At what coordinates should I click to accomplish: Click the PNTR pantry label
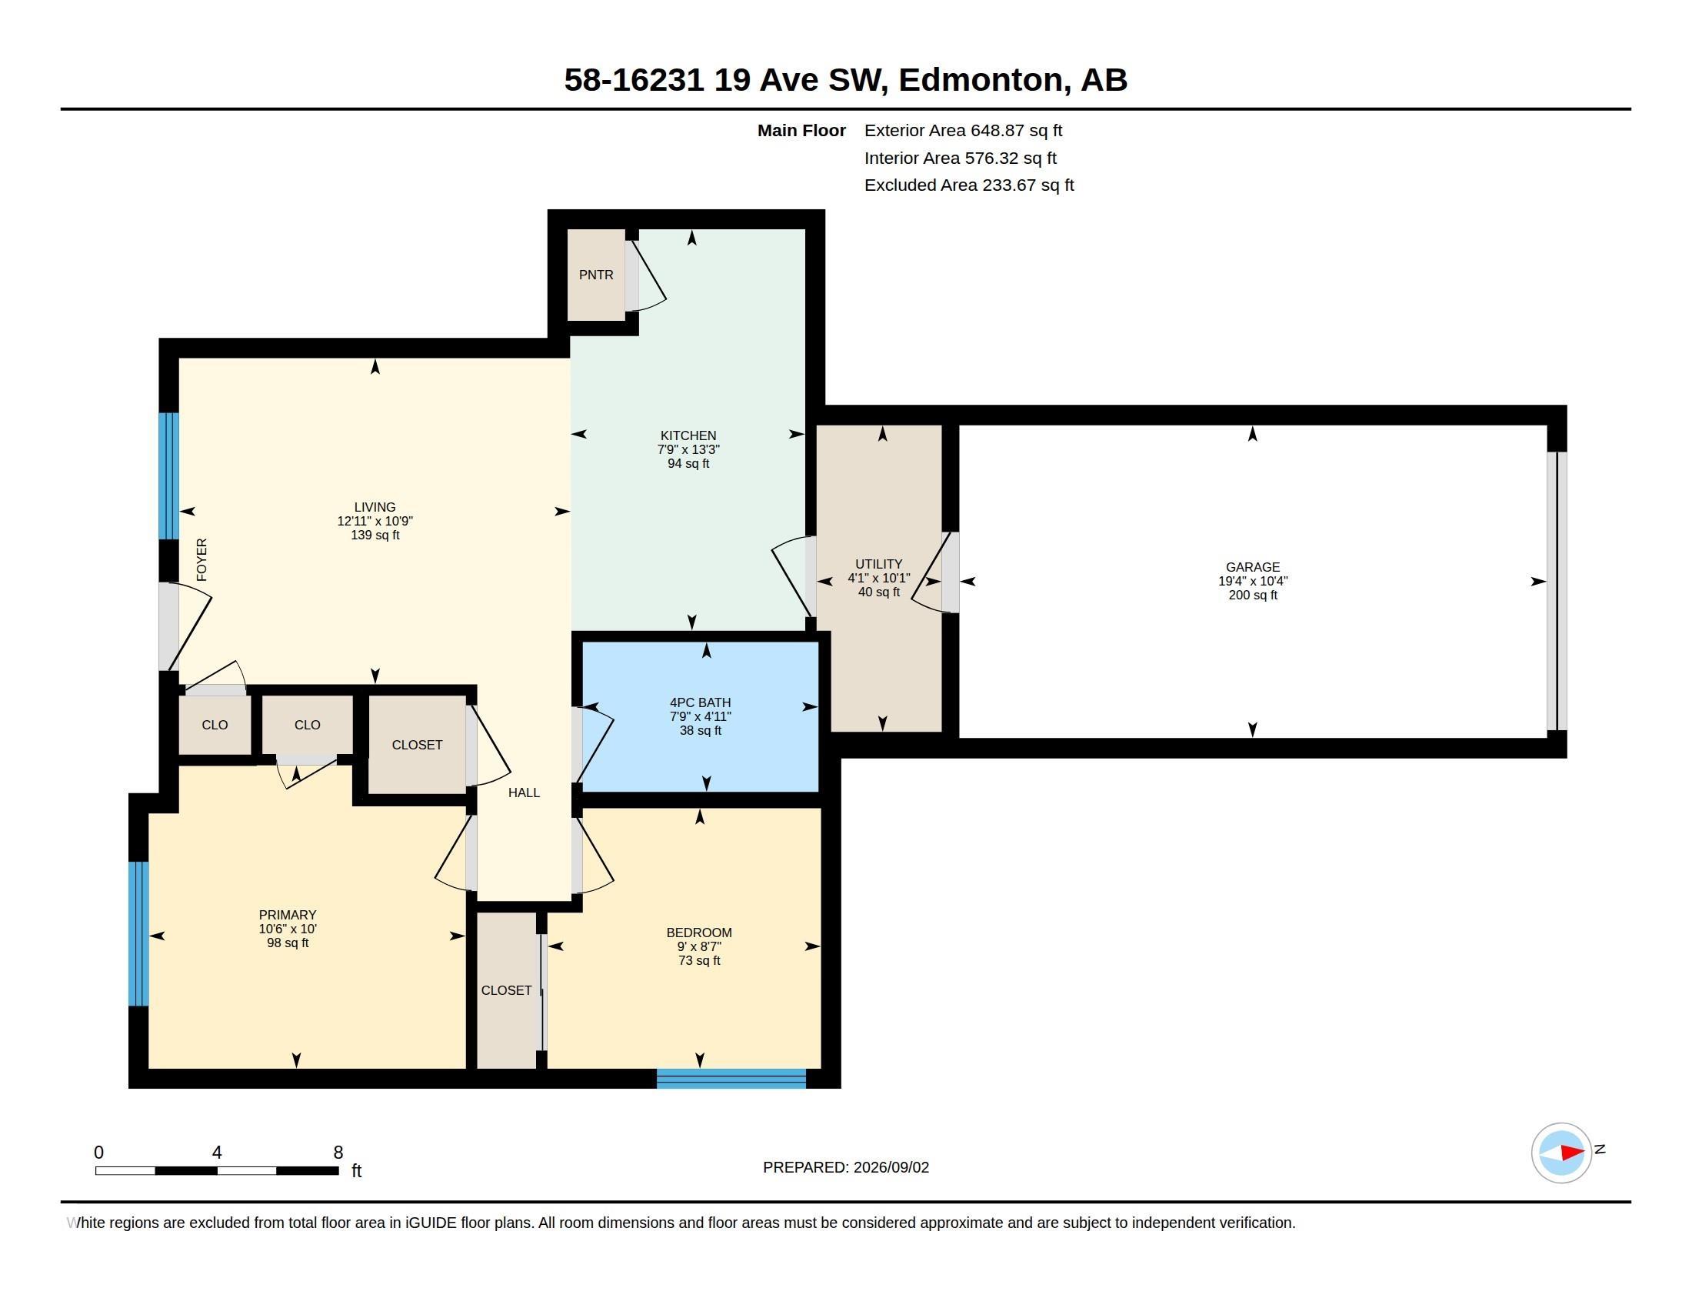pos(596,275)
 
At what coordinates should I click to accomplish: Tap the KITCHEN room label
pos(688,435)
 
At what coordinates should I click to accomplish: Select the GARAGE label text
pos(1253,567)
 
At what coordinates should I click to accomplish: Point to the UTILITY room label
pos(878,564)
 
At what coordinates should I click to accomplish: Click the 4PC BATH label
pos(701,702)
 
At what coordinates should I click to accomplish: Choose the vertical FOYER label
pos(202,559)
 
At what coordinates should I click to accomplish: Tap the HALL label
pos(524,792)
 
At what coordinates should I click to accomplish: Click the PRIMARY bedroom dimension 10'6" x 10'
pos(288,929)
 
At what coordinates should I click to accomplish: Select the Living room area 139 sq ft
pos(375,536)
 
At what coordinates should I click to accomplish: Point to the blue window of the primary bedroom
pos(138,934)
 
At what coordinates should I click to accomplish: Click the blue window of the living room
pos(169,475)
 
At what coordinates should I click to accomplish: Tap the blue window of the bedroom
pos(731,1079)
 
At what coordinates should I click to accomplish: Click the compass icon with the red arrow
pos(1562,1153)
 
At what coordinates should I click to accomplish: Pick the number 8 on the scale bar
pos(338,1153)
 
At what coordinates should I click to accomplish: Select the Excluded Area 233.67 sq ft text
pos(969,185)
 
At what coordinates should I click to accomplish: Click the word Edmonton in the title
pos(980,80)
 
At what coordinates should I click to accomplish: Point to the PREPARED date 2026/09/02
pos(891,1168)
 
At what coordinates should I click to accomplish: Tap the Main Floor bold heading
pos(801,131)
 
